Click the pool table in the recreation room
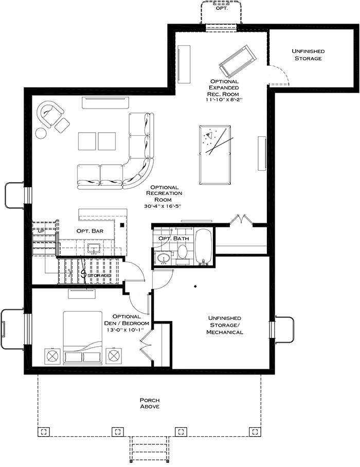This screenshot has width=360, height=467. (x=215, y=155)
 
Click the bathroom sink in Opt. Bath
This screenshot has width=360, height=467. (x=163, y=258)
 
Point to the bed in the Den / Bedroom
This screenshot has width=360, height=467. (x=82, y=337)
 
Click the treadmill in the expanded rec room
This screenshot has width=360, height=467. (x=237, y=61)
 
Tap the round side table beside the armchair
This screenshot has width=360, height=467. (x=41, y=133)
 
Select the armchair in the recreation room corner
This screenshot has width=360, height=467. (x=49, y=114)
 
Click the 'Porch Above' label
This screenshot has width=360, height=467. (x=150, y=403)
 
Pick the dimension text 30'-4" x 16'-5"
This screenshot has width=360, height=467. (x=163, y=206)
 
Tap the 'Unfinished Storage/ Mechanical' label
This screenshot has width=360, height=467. (x=225, y=325)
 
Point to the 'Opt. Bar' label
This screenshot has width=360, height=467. (x=90, y=231)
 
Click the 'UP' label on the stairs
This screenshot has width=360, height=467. (x=41, y=231)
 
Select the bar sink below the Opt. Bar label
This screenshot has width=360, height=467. (x=95, y=248)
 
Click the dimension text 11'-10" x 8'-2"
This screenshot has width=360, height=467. (x=224, y=100)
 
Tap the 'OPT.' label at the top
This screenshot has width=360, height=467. (x=222, y=8)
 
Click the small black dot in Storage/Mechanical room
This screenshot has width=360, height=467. (x=195, y=286)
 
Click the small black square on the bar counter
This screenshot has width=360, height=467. (x=121, y=225)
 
